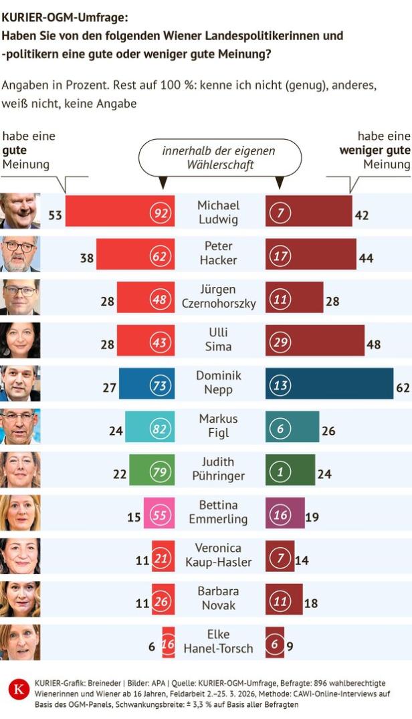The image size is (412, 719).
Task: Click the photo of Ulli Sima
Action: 20,340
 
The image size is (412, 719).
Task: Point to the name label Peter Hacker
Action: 219,253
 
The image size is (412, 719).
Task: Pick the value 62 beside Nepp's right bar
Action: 403,387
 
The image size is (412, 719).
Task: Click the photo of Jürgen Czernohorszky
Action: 20,297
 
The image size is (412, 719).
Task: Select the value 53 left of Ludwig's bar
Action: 56,215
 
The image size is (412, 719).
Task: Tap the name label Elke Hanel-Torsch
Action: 219,641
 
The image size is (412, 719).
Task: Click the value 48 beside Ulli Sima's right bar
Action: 373,344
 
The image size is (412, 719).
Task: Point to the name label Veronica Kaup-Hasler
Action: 219,554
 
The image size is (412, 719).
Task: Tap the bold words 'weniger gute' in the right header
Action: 375,150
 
